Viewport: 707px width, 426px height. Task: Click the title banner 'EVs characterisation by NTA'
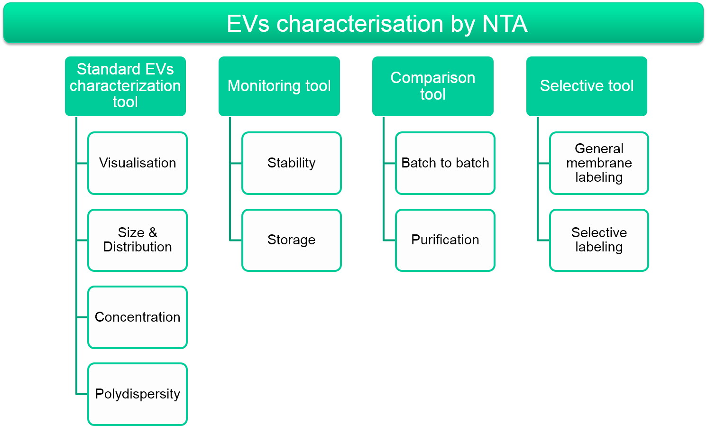354,23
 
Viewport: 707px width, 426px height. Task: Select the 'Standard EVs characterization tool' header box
125,86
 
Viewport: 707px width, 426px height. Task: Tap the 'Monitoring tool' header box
279,86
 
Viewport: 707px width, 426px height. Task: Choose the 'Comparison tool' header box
433,86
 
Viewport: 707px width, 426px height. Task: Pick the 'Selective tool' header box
587,86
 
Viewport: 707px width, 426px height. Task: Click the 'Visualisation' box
138,163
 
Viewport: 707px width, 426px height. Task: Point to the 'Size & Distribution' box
138,240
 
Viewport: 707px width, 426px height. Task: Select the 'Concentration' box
138,317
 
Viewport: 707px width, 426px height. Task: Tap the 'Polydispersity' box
138,394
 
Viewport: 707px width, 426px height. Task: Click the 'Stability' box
291,163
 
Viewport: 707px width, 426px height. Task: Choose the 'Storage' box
291,240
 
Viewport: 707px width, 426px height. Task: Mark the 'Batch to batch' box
445,163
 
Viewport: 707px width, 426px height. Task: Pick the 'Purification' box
445,240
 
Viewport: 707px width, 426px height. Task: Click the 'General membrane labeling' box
599,163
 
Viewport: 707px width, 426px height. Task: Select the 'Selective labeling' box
599,240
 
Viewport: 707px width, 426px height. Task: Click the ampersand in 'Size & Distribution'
153,233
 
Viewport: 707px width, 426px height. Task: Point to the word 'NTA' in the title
505,24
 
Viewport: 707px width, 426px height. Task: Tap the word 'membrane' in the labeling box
599,163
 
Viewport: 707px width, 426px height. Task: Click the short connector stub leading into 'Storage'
236,241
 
